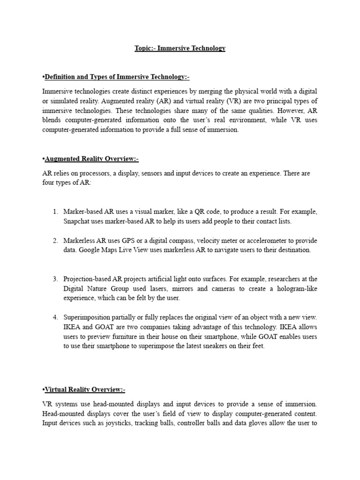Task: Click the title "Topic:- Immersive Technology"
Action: pos(180,48)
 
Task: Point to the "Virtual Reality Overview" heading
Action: pos(83,390)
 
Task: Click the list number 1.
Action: pos(55,212)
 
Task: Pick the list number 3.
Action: pos(55,279)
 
